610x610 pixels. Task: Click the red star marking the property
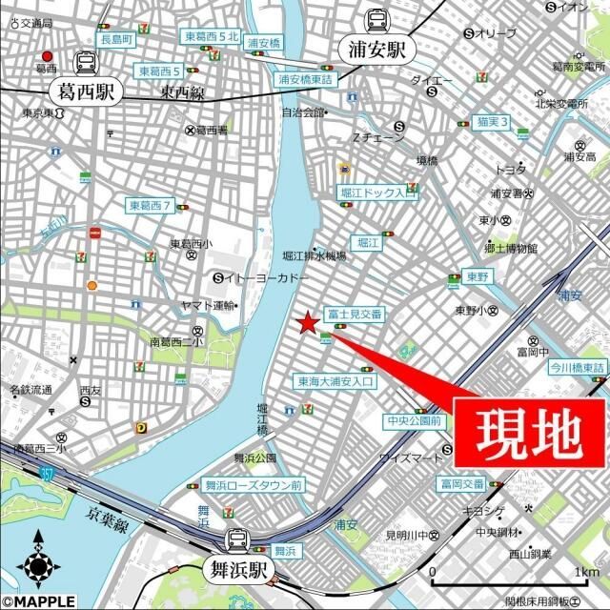(307, 324)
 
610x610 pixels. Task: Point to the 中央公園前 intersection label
(413, 420)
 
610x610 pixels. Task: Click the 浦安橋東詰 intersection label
(305, 80)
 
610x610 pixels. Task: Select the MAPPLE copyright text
(38, 601)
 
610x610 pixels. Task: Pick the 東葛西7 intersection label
(151, 206)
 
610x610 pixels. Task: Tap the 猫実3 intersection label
(493, 122)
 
